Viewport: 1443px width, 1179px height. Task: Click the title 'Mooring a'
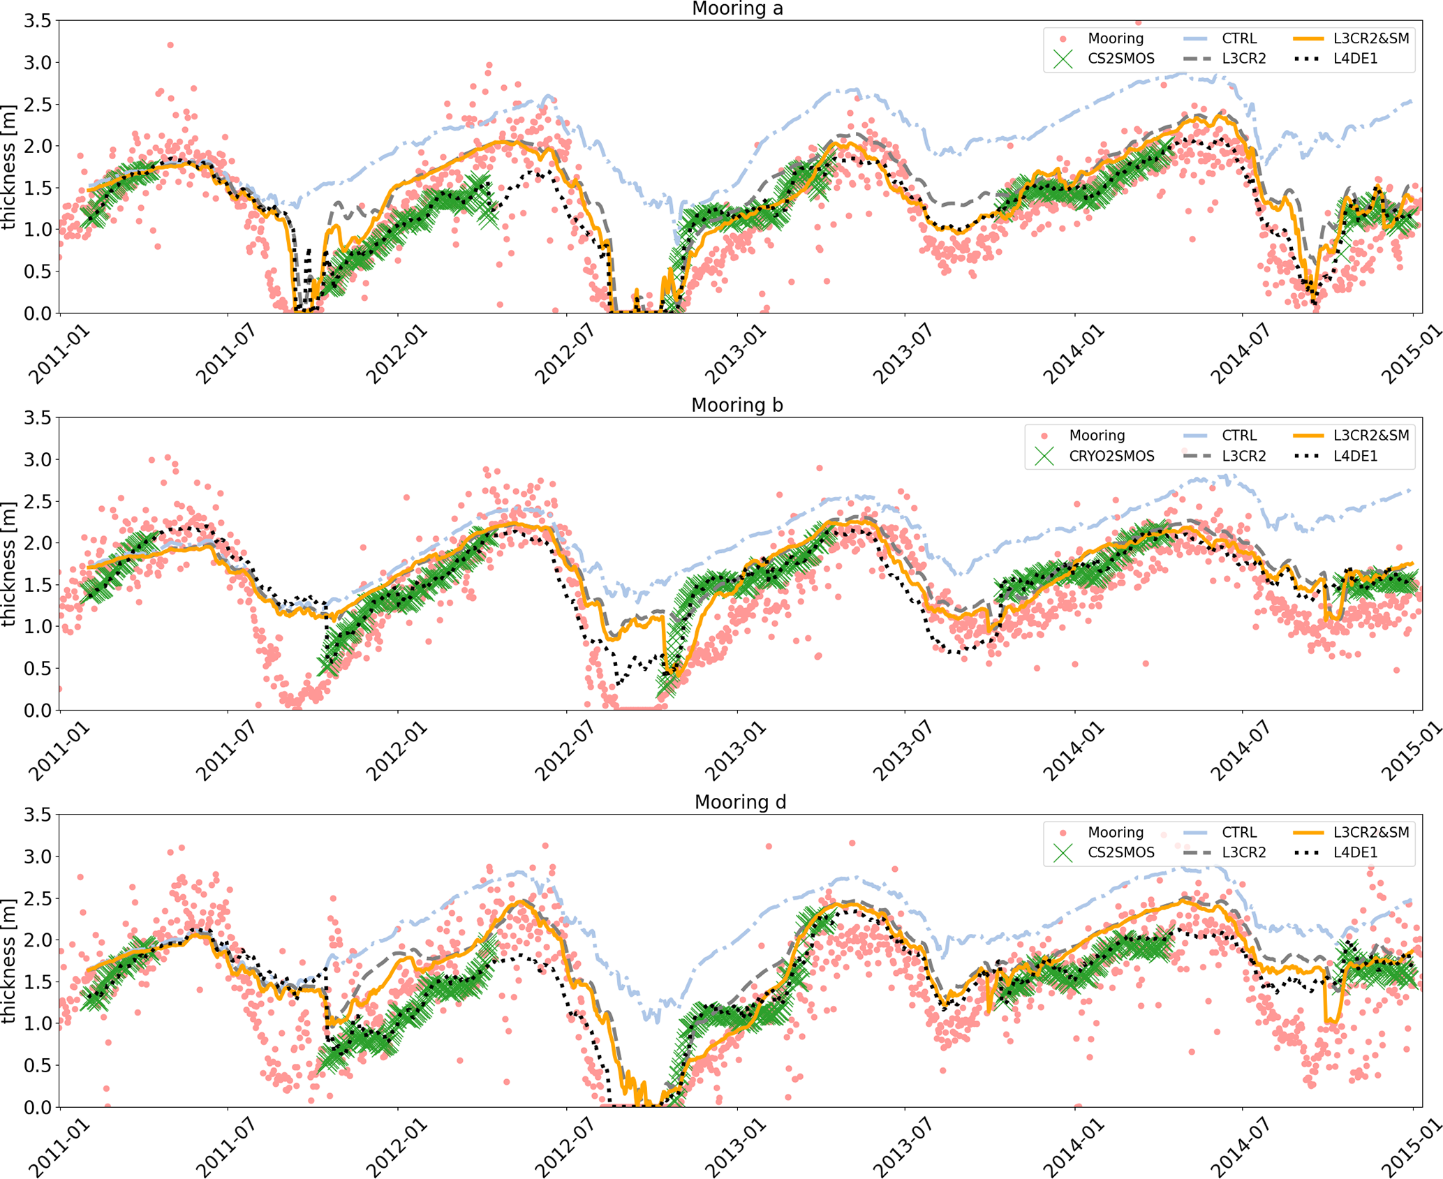tap(737, 8)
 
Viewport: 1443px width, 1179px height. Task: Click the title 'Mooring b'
tap(737, 405)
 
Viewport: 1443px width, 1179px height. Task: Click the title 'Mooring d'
tap(739, 802)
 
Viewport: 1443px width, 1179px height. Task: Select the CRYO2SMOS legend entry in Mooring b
tap(1111, 456)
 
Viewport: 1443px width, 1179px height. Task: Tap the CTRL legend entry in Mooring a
tap(1238, 38)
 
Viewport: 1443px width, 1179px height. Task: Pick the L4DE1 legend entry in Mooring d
tap(1355, 852)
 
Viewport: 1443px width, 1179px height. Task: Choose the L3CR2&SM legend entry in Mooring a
tap(1370, 38)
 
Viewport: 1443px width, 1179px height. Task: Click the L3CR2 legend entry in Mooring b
tap(1243, 456)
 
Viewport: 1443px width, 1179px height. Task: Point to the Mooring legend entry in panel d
tap(1115, 832)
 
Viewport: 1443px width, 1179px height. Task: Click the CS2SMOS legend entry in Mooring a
tap(1120, 59)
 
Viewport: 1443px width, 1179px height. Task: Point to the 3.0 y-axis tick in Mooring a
tap(38, 63)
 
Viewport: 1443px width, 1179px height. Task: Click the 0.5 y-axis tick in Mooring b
tap(38, 669)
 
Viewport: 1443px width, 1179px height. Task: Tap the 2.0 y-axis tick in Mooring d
tap(38, 940)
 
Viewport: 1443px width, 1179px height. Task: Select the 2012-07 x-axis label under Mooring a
tap(565, 354)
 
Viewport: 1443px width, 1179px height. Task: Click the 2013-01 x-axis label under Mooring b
tap(734, 751)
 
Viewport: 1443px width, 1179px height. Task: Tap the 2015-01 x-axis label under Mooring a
tap(1412, 354)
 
